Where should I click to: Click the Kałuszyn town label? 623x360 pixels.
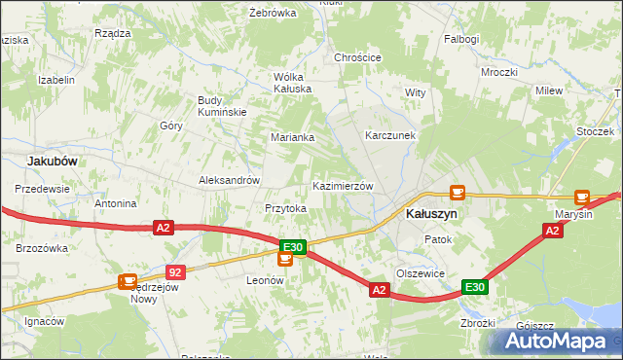click(x=430, y=213)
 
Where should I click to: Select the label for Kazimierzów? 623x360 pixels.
click(x=342, y=186)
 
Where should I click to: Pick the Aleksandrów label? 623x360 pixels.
click(x=229, y=180)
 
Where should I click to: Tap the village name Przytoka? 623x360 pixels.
click(x=286, y=208)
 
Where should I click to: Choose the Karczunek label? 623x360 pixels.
click(x=390, y=136)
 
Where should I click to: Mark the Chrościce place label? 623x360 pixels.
click(x=357, y=57)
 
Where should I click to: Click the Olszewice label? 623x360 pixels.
click(x=421, y=273)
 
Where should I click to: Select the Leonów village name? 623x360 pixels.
click(x=264, y=279)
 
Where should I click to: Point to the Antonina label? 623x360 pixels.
click(x=115, y=204)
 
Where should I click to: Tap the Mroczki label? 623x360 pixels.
click(x=498, y=73)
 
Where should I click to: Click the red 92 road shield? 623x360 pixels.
click(x=175, y=273)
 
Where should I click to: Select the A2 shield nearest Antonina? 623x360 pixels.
click(x=164, y=228)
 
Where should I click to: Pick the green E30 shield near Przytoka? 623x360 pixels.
click(x=293, y=248)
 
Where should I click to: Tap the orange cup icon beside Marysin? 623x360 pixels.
click(x=582, y=197)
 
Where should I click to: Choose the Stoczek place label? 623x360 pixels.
click(x=596, y=131)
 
